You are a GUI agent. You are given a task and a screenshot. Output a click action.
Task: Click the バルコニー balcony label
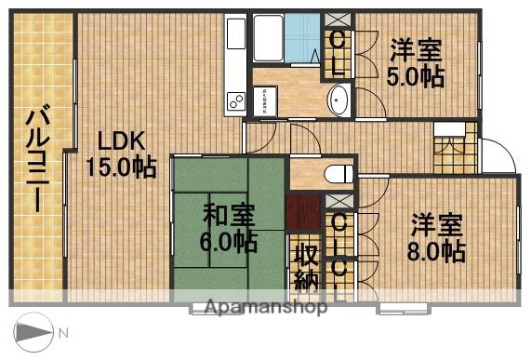pyautogui.click(x=38, y=159)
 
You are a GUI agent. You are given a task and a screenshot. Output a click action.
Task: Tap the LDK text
pyautogui.click(x=121, y=141)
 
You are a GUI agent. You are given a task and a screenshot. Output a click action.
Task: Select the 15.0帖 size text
pyautogui.click(x=121, y=167)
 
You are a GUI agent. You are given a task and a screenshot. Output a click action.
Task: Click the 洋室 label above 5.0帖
pyautogui.click(x=416, y=48)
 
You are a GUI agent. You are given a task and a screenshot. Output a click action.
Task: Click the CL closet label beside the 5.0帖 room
pyautogui.click(x=339, y=53)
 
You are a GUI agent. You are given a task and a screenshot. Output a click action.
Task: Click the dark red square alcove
pyautogui.click(x=302, y=214)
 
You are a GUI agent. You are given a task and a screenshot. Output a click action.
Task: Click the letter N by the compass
pyautogui.click(x=63, y=332)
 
